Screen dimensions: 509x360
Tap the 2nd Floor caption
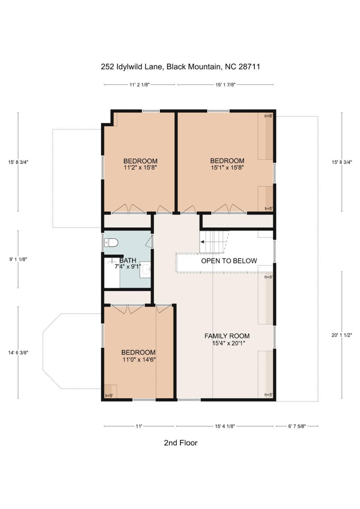(x=181, y=443)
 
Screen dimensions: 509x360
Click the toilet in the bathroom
(x=112, y=243)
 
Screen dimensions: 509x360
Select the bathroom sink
(x=146, y=270)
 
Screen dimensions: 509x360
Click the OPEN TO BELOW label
(x=229, y=261)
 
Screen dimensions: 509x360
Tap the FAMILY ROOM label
(x=227, y=336)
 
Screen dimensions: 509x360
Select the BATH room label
(x=128, y=261)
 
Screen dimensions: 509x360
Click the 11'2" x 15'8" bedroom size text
(x=140, y=168)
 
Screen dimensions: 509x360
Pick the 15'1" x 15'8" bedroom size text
(x=227, y=168)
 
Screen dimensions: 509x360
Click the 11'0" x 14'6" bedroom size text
(x=139, y=359)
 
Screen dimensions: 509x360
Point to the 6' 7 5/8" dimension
(x=297, y=426)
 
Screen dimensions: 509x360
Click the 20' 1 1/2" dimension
(x=341, y=335)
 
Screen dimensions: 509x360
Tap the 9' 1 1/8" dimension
(x=18, y=259)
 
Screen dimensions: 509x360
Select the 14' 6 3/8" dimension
(x=18, y=352)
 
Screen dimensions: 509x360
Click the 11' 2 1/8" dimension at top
(x=139, y=85)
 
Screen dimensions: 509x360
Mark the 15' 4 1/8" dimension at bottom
(x=225, y=426)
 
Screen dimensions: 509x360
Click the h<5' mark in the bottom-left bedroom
(x=109, y=396)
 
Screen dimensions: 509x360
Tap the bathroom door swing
(x=149, y=242)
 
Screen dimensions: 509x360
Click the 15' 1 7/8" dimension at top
(x=225, y=85)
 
